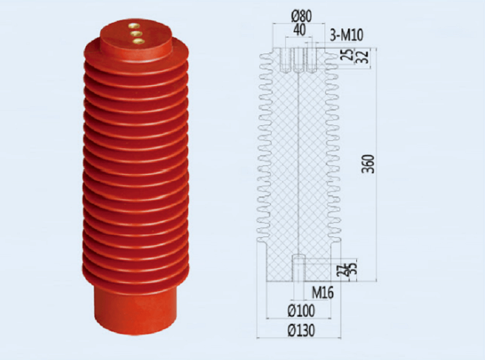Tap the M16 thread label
[322, 293]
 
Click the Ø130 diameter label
[299, 330]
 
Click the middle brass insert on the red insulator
[136, 34]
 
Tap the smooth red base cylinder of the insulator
[135, 311]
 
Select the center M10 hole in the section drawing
[298, 60]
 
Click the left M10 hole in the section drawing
[285, 60]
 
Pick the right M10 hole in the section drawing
[311, 60]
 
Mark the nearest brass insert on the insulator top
[138, 41]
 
